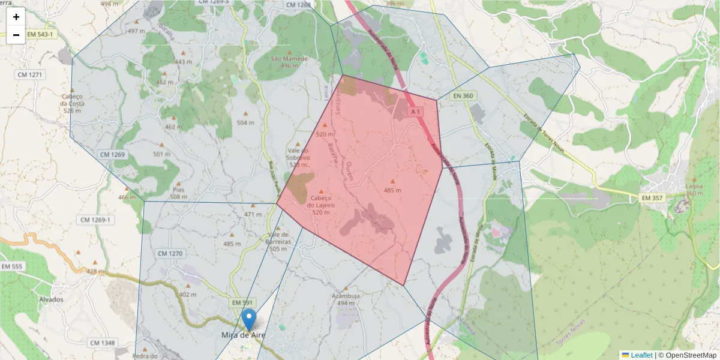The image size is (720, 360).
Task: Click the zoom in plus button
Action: point(16,17)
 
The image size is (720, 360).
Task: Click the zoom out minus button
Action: point(16,35)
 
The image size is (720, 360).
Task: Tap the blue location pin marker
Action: point(248,320)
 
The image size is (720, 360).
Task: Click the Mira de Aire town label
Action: point(244,335)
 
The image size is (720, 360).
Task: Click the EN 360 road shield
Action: point(463,96)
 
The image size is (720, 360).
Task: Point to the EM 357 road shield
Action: point(652,197)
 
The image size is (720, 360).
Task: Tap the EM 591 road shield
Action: point(244,302)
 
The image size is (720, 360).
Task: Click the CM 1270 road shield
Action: point(170,254)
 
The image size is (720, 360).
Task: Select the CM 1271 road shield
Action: point(31,74)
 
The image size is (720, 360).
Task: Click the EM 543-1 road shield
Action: point(40,34)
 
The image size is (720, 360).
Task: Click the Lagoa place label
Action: point(694,186)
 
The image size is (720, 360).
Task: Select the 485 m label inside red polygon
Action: point(392,190)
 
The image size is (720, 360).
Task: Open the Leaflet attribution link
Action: point(641,355)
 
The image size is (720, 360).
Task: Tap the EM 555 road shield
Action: point(12,266)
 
